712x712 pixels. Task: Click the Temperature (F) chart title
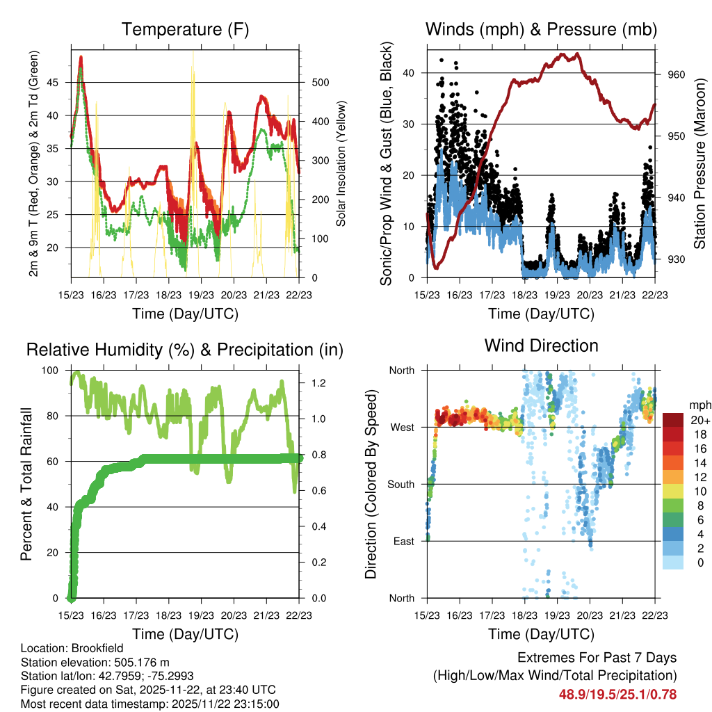pos(185,29)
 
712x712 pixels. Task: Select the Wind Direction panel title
pos(541,345)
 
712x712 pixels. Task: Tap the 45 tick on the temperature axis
pos(59,82)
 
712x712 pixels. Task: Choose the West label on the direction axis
pos(402,427)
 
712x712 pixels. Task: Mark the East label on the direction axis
pos(403,541)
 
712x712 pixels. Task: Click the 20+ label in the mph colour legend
pos(699,421)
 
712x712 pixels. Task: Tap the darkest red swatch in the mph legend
pos(673,420)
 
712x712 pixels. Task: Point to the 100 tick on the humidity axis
pos(54,370)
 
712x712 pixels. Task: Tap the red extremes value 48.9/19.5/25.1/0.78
pos(617,694)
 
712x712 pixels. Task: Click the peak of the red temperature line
pos(81,57)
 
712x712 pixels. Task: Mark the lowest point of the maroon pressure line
pos(436,268)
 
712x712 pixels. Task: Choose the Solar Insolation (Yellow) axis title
pos(341,163)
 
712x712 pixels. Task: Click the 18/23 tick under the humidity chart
pos(169,616)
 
